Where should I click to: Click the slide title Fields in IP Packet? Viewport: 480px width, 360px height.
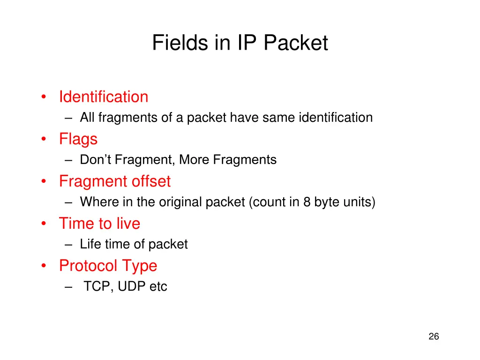(240, 43)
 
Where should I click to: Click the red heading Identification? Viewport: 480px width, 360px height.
(104, 97)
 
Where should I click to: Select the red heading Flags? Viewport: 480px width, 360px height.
(78, 139)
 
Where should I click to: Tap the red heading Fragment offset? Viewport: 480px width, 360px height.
(115, 181)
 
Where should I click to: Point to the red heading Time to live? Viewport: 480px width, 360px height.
(99, 224)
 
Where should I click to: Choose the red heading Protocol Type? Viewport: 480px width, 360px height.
(108, 266)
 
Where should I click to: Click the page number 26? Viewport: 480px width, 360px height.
(434, 337)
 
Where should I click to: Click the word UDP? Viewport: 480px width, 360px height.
(132, 287)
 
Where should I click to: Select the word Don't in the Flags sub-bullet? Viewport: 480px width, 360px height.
(96, 160)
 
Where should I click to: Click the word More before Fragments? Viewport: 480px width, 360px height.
(195, 160)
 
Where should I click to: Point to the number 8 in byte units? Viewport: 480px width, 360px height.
(307, 202)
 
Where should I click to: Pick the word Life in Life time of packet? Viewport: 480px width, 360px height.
(90, 245)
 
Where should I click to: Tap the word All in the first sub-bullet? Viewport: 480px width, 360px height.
(88, 118)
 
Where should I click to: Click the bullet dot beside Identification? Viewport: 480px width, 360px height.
(44, 97)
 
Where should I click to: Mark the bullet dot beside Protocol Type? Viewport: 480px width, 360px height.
(44, 266)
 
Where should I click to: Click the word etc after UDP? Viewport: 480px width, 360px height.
(158, 287)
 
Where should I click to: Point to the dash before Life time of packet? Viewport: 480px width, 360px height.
(69, 245)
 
